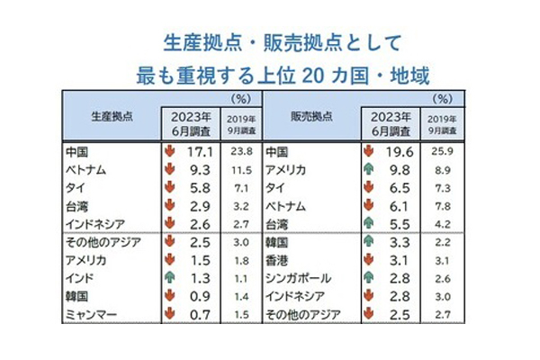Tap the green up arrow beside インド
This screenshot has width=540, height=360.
coord(168,277)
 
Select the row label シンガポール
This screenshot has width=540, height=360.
coord(296,277)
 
